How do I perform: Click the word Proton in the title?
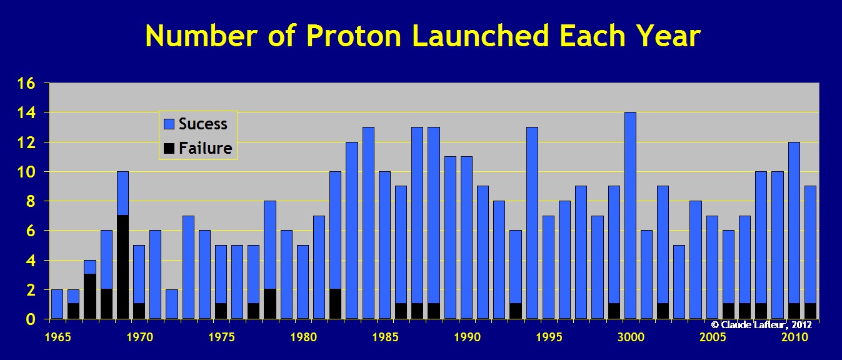point(354,36)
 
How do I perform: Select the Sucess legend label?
point(203,124)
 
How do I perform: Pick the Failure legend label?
point(205,147)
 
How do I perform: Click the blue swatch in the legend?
point(169,124)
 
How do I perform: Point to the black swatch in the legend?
point(169,148)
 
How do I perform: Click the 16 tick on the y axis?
point(26,83)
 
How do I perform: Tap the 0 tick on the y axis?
point(31,319)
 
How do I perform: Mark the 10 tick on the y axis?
point(26,172)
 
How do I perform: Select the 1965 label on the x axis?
point(58,337)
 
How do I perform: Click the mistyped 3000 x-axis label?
point(631,337)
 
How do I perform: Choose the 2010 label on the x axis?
point(794,337)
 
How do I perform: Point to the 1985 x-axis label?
point(385,337)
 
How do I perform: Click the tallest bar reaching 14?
point(630,216)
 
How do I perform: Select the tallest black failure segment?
point(123,267)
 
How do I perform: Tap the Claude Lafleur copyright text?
point(761,324)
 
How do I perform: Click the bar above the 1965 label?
point(57,304)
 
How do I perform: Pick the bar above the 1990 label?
point(466,238)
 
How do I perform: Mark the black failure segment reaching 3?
point(90,296)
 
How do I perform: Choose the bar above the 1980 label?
point(303,282)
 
